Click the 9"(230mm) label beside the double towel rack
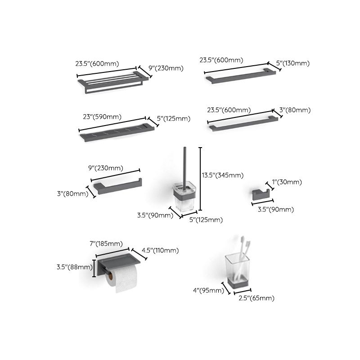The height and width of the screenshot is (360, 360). (166, 68)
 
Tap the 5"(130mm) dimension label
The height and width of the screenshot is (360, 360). (293, 64)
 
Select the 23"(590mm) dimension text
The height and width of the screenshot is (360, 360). (102, 117)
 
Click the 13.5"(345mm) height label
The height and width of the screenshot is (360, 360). (223, 175)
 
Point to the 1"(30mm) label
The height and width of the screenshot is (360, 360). (287, 182)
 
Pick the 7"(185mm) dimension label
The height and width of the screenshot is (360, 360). (106, 243)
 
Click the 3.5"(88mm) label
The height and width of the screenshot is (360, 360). (74, 267)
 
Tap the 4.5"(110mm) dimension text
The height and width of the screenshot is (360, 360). (160, 251)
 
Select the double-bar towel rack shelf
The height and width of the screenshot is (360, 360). (112, 83)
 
